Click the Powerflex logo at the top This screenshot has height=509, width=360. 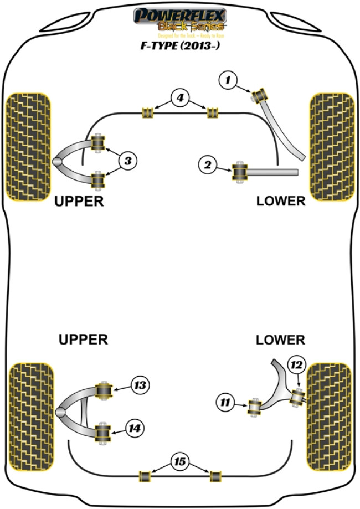click(x=179, y=19)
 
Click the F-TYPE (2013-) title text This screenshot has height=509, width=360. click(x=179, y=47)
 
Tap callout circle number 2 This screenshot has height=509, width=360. click(x=208, y=164)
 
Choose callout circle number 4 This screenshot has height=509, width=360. click(x=179, y=99)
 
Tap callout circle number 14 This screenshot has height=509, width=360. click(x=135, y=428)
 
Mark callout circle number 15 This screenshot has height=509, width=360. click(x=179, y=461)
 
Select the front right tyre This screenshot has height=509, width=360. click(x=331, y=146)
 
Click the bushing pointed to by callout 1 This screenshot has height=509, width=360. click(x=261, y=96)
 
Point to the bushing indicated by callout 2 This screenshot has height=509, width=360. click(x=240, y=170)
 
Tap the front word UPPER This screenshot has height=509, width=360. click(x=79, y=201)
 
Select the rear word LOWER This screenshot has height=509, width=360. click(x=280, y=340)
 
